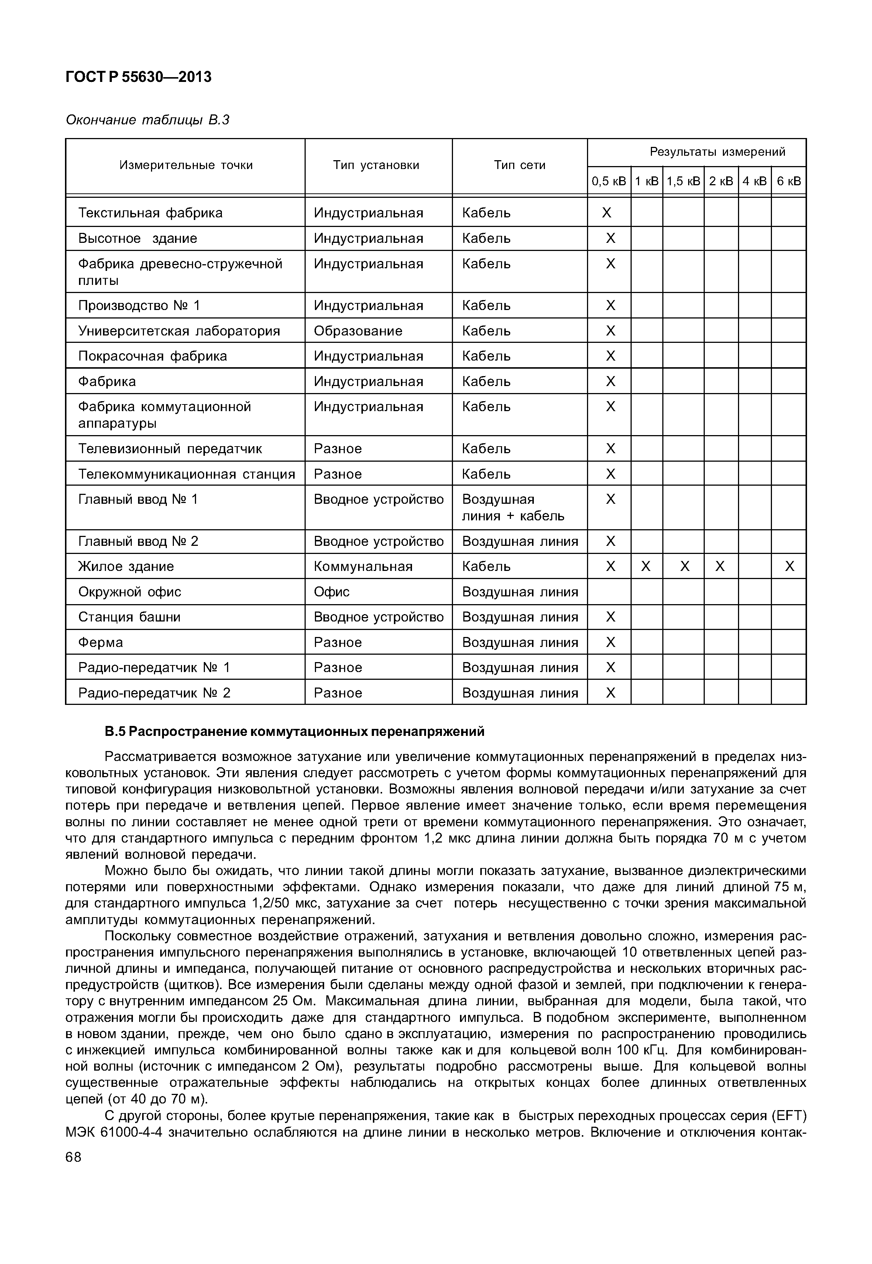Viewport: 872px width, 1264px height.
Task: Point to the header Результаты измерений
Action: (717, 152)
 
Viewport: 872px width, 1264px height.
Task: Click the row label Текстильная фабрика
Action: (150, 213)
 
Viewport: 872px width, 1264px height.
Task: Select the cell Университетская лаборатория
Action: (179, 331)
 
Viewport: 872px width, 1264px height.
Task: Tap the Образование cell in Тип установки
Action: (358, 331)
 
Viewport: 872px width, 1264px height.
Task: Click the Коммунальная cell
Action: (363, 566)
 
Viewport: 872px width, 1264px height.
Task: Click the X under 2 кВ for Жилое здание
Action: (720, 566)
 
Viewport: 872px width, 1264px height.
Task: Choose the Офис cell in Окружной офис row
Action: (331, 592)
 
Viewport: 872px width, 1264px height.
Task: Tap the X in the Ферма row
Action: (610, 643)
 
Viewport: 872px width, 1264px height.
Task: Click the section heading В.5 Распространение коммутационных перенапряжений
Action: (295, 731)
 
